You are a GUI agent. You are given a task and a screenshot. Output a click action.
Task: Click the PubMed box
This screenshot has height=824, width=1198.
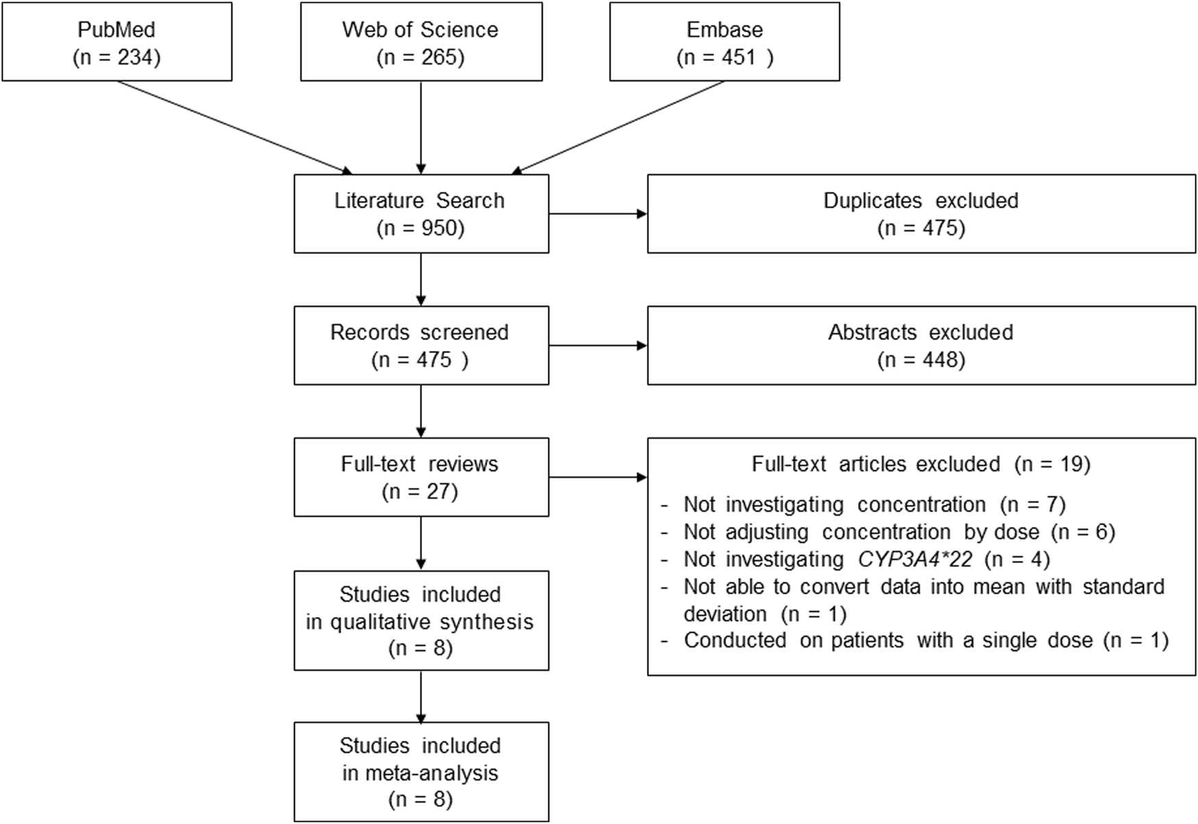click(117, 43)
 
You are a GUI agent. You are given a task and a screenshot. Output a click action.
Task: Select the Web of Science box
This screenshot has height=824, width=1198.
click(421, 43)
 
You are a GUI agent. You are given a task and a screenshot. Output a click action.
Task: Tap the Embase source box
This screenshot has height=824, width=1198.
click(724, 43)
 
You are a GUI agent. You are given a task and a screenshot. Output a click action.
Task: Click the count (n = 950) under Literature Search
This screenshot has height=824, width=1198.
click(421, 228)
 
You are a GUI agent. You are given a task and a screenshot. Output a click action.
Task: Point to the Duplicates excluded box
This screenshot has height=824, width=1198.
click(921, 214)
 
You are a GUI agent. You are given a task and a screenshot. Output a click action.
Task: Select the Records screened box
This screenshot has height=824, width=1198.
click(421, 346)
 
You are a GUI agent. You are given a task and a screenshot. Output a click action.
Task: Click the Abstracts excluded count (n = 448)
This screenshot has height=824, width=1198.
click(921, 360)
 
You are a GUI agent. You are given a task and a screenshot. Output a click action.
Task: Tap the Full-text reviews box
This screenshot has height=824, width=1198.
click(421, 477)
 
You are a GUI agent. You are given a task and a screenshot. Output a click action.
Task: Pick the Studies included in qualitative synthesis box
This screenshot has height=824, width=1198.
click(421, 621)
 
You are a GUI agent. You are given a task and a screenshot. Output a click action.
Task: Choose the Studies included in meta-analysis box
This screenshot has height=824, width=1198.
click(421, 772)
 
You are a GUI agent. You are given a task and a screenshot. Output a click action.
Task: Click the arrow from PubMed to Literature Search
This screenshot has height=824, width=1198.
click(233, 127)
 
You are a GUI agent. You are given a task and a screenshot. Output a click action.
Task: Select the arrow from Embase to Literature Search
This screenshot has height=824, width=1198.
click(620, 127)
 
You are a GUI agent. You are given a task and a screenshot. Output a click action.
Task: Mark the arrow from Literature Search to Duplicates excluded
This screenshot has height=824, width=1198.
click(598, 214)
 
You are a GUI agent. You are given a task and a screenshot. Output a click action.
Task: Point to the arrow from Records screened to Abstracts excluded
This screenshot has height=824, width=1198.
click(598, 346)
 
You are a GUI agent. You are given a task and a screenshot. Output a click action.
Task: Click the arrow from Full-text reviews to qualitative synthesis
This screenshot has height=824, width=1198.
click(421, 543)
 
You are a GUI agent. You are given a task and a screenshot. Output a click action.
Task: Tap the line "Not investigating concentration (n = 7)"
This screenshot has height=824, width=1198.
click(874, 505)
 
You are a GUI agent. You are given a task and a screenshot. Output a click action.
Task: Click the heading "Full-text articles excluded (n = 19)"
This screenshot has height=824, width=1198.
click(921, 464)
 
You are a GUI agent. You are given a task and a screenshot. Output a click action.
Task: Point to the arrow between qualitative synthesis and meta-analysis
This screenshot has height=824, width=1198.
click(421, 696)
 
